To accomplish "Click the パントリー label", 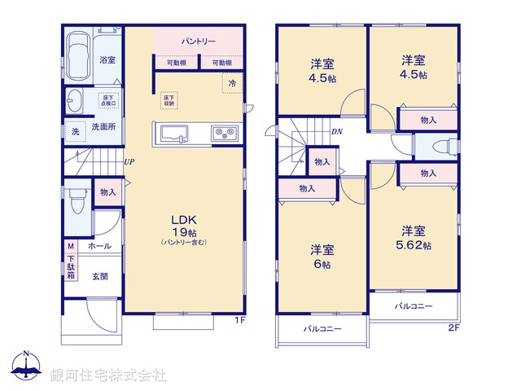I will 199,40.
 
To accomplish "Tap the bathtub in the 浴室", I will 80,57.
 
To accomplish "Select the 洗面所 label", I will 103,127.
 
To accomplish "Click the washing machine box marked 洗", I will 75,131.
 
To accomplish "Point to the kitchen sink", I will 174,134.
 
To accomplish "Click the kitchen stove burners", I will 225,133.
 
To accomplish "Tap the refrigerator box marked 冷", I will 232,84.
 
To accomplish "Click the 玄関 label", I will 100,275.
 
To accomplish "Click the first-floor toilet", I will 77,199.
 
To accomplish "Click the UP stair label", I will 129,161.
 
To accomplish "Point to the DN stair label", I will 336,132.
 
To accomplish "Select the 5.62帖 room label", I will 414,238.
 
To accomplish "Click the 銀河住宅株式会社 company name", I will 108,376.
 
